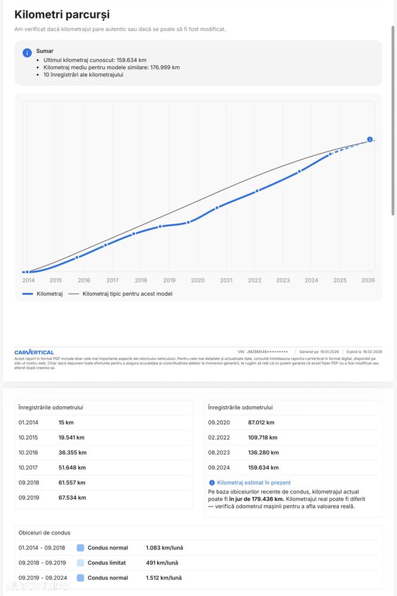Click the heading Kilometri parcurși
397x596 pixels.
click(x=62, y=15)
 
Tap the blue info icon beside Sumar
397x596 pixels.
click(x=27, y=53)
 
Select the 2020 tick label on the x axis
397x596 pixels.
click(x=197, y=280)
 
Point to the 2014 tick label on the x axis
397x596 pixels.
click(x=28, y=280)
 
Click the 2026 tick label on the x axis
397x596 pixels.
click(x=368, y=280)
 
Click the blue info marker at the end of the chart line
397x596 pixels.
click(x=370, y=140)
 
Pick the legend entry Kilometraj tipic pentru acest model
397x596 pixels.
click(x=127, y=294)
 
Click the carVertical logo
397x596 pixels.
click(x=34, y=353)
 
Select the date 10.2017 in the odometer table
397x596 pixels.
click(x=28, y=467)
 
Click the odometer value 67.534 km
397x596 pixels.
click(x=72, y=498)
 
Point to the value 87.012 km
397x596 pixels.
click(x=261, y=422)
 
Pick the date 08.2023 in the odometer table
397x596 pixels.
click(x=218, y=452)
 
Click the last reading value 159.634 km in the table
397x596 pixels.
click(x=263, y=468)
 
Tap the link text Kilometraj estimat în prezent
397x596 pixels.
click(x=254, y=483)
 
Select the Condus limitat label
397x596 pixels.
click(x=107, y=563)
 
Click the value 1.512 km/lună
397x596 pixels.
click(x=163, y=578)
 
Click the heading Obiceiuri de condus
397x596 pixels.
click(x=44, y=533)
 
